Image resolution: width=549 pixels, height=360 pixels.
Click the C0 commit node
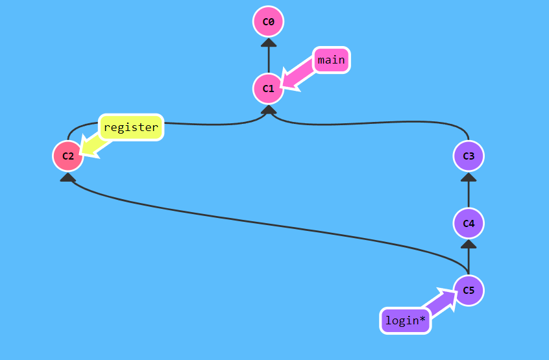click(x=268, y=22)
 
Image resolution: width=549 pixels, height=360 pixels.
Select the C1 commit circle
click(x=268, y=88)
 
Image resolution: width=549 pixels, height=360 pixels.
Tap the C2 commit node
click(x=68, y=156)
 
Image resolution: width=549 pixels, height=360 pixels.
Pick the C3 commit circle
click(x=469, y=156)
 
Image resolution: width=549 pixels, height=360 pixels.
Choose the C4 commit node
click(x=469, y=223)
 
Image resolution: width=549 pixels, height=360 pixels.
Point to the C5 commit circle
click(x=469, y=290)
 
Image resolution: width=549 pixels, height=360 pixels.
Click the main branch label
click(x=331, y=60)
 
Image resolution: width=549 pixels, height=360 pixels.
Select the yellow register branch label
click(x=130, y=127)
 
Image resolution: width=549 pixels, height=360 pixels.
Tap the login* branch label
click(x=406, y=320)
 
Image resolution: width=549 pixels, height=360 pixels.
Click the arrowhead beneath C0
click(x=268, y=43)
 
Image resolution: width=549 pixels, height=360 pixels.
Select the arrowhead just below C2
click(x=68, y=176)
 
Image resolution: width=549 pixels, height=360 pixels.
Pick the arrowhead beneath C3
click(x=469, y=177)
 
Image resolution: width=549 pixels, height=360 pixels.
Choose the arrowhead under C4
click(x=469, y=244)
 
